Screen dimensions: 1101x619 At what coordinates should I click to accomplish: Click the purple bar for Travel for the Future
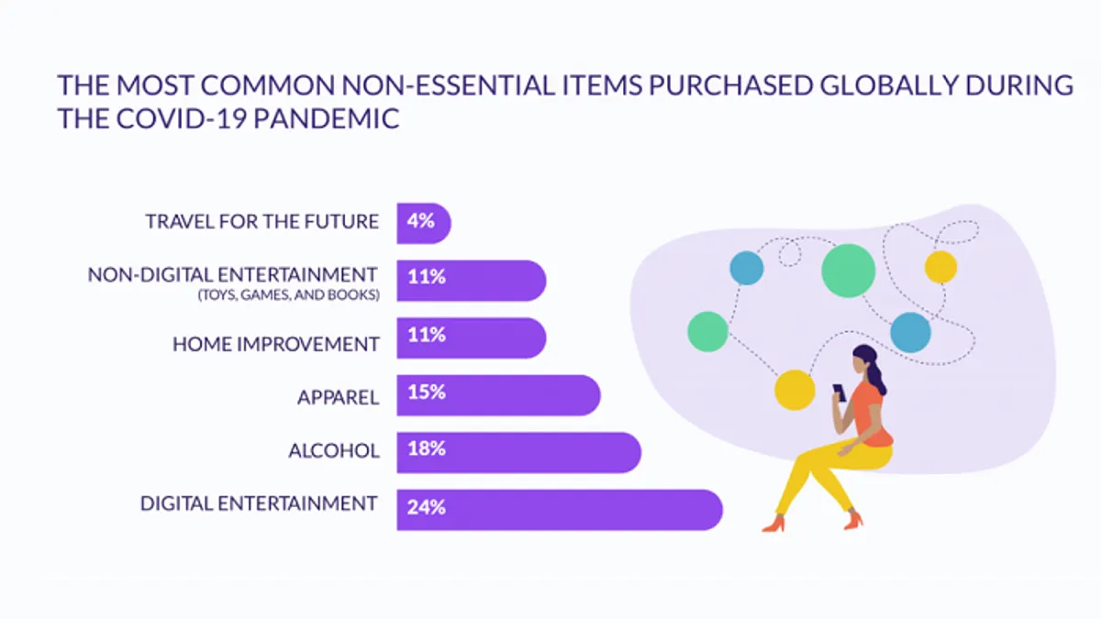click(424, 223)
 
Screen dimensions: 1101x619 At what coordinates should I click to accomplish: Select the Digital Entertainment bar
click(560, 510)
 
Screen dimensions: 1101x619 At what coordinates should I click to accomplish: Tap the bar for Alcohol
click(519, 452)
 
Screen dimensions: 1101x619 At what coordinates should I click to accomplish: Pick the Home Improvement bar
click(472, 338)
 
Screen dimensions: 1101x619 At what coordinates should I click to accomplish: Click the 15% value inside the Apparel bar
click(427, 392)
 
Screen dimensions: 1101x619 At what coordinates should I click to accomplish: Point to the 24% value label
click(426, 507)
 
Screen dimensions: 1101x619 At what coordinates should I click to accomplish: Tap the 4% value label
click(421, 221)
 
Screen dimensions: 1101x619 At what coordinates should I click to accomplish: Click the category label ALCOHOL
click(334, 450)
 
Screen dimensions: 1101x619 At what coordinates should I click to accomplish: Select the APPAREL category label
click(339, 397)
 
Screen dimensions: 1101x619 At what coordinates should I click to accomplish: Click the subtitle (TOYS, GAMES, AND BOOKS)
click(288, 294)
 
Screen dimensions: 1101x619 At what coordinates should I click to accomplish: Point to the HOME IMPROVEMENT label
click(276, 344)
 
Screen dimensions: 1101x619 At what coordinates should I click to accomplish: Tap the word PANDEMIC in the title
click(327, 118)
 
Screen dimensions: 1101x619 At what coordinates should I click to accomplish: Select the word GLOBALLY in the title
click(889, 84)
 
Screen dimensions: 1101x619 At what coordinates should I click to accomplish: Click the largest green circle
click(849, 271)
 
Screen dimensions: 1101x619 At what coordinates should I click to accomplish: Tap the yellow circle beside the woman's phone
click(795, 390)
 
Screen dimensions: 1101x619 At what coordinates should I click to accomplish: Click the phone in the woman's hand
click(839, 392)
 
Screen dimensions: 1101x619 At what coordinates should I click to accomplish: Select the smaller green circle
click(707, 332)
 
